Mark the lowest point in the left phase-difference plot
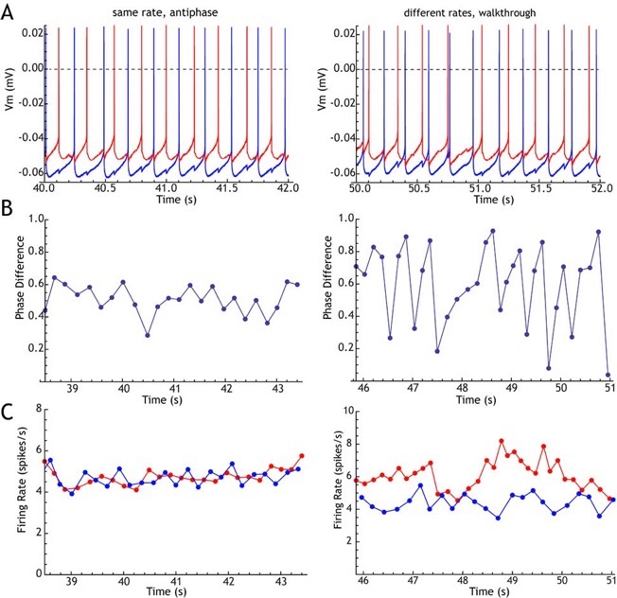click(x=148, y=335)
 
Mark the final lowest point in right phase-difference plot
click(x=608, y=375)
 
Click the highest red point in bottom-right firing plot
click(x=501, y=441)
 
